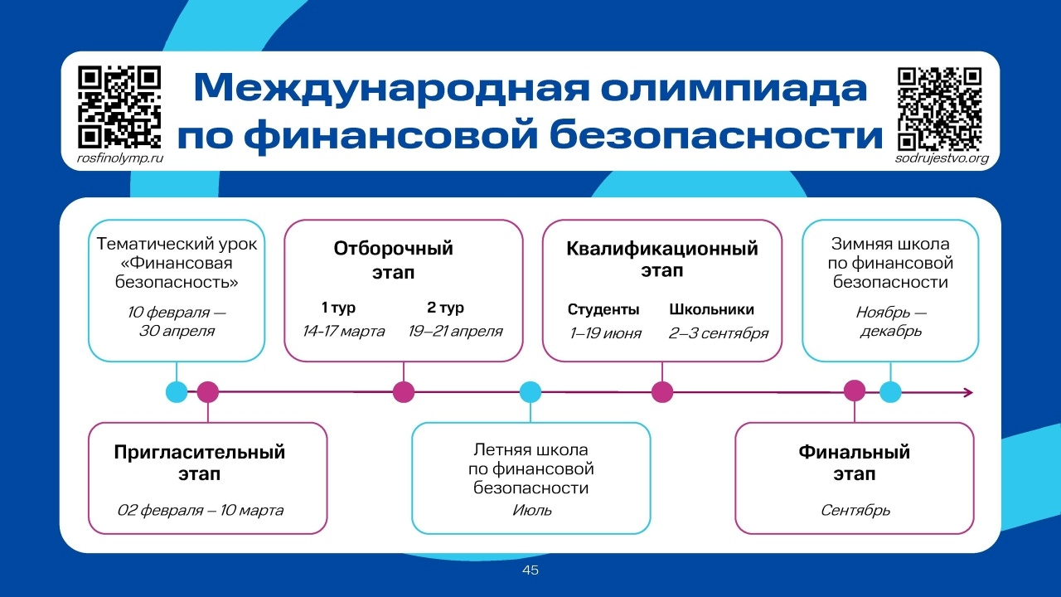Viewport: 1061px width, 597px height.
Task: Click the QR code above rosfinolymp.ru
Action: tap(119, 107)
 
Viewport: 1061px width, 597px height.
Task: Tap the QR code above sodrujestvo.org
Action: tap(939, 107)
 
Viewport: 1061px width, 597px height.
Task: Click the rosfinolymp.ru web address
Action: tap(119, 158)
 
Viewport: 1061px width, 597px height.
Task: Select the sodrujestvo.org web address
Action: tap(942, 158)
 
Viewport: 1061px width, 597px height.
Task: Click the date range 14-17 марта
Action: tap(343, 332)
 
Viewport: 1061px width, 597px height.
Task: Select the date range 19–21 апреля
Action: tap(455, 332)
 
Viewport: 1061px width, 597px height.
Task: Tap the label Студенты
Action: tap(603, 310)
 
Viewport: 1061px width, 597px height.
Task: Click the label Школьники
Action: tap(711, 310)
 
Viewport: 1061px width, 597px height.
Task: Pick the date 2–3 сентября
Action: tap(718, 333)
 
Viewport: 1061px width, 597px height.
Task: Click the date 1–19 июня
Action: tap(605, 333)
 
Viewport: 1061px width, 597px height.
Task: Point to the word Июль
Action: tap(531, 510)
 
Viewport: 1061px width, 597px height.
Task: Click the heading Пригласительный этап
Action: tap(200, 464)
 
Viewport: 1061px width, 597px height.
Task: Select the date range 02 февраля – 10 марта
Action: tap(200, 510)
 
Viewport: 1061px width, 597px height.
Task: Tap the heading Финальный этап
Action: tap(854, 464)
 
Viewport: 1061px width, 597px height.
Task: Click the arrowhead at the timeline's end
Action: tap(968, 392)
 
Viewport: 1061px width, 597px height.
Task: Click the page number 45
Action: tap(530, 570)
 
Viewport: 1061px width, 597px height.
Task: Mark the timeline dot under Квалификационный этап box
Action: tap(661, 392)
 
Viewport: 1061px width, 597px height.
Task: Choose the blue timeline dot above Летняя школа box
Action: tap(530, 392)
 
